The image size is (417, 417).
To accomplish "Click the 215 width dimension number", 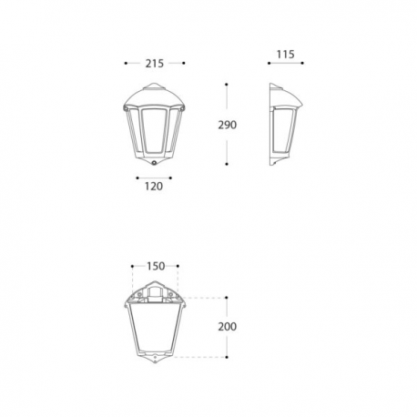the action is pyautogui.click(x=155, y=64).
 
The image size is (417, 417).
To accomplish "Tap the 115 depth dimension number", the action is pyautogui.click(x=285, y=55).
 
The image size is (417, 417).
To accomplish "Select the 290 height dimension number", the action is pyautogui.click(x=227, y=125).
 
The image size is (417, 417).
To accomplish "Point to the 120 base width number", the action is pyautogui.click(x=154, y=186).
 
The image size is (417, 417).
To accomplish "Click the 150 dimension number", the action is pyautogui.click(x=156, y=266).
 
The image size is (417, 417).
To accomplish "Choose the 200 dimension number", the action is pyautogui.click(x=227, y=327).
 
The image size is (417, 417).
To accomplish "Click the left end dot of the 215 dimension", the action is pyautogui.click(x=126, y=63).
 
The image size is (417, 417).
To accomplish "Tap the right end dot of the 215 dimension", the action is pyautogui.click(x=184, y=63).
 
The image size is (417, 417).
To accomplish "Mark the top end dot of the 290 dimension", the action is pyautogui.click(x=227, y=85).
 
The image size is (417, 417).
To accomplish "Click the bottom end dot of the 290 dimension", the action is pyautogui.click(x=227, y=164).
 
